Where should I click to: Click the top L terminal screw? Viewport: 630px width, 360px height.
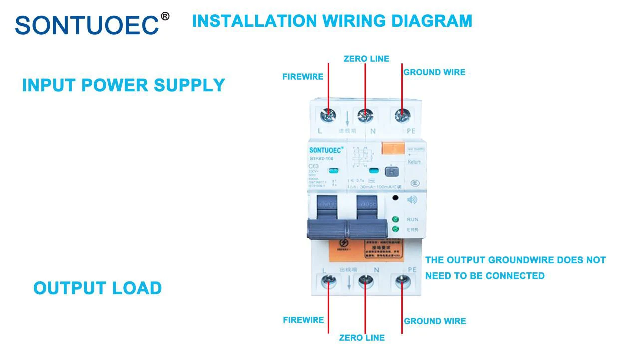pos(329,116)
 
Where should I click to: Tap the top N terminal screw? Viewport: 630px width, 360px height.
pos(365,116)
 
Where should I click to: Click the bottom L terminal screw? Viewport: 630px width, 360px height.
pos(329,282)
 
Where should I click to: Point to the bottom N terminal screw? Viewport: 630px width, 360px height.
pos(365,282)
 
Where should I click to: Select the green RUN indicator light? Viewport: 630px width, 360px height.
pos(396,219)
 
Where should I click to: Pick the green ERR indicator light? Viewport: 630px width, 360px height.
pos(396,229)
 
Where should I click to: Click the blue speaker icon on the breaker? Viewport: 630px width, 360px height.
pos(412,200)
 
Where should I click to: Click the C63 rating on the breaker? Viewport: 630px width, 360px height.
pos(314,166)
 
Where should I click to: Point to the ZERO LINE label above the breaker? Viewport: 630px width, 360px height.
pos(366,59)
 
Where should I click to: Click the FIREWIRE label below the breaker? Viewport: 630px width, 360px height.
pos(303,320)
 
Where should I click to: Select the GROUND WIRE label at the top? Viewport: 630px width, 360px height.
pos(434,72)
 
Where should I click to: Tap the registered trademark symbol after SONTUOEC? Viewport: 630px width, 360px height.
pos(165,16)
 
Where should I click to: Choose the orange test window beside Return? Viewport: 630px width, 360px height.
pos(392,149)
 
